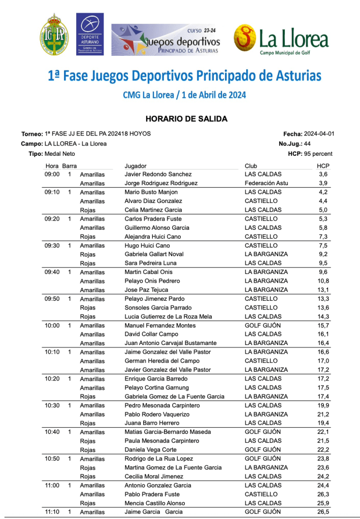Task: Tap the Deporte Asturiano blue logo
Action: (x=90, y=34)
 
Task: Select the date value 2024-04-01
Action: (x=319, y=134)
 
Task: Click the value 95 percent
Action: (x=319, y=153)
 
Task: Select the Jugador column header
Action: (x=136, y=166)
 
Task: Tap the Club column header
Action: (x=251, y=166)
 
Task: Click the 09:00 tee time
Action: (x=52, y=174)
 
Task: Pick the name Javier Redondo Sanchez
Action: (x=158, y=174)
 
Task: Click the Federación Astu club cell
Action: (x=267, y=183)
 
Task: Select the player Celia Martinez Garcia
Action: (x=154, y=210)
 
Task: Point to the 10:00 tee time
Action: (x=52, y=325)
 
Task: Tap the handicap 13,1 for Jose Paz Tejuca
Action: (x=323, y=290)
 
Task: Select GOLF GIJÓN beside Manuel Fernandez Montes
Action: (x=263, y=325)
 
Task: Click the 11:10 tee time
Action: (x=52, y=512)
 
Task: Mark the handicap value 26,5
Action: (x=323, y=512)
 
